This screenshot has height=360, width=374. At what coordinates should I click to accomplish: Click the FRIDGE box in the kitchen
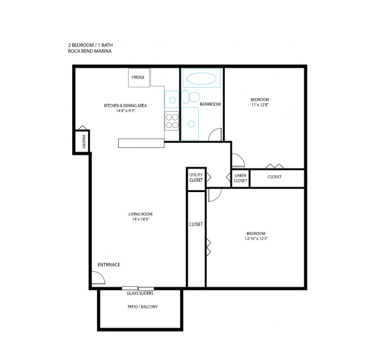coord(139,78)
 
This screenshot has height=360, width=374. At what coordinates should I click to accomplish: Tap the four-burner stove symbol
coord(171,121)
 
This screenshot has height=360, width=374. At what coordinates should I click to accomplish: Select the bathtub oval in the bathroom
coord(201,78)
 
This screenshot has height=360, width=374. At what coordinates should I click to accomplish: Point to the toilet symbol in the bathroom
coord(191,97)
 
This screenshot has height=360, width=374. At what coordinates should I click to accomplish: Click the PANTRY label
coord(83,142)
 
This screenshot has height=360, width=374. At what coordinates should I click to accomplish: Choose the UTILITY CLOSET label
coord(196,177)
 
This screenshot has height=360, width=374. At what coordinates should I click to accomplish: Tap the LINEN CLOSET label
coord(240,178)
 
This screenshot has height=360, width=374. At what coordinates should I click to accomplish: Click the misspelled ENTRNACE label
coord(109,264)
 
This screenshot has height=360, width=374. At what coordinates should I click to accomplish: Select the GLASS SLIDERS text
coord(140,293)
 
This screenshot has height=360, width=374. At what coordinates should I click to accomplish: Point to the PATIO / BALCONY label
coord(143,307)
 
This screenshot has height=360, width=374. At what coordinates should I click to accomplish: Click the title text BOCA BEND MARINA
coord(89,51)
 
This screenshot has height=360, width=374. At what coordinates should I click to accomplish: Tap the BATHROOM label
coord(210,104)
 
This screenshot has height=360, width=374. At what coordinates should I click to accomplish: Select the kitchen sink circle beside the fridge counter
coord(172,99)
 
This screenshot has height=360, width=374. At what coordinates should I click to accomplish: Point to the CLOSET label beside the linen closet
coord(275,177)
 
